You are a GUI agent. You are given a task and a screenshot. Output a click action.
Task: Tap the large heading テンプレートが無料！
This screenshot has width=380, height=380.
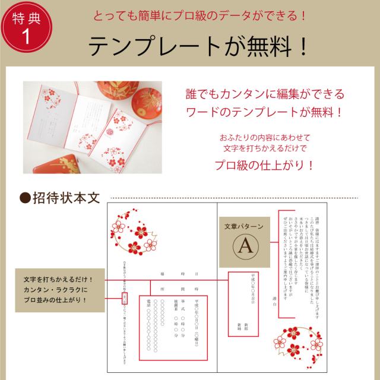click(199, 45)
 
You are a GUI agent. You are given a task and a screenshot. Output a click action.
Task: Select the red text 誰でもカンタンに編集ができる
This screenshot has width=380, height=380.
click(265, 94)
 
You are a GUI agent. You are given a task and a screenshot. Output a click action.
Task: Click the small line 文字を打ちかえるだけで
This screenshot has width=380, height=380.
click(265, 147)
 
